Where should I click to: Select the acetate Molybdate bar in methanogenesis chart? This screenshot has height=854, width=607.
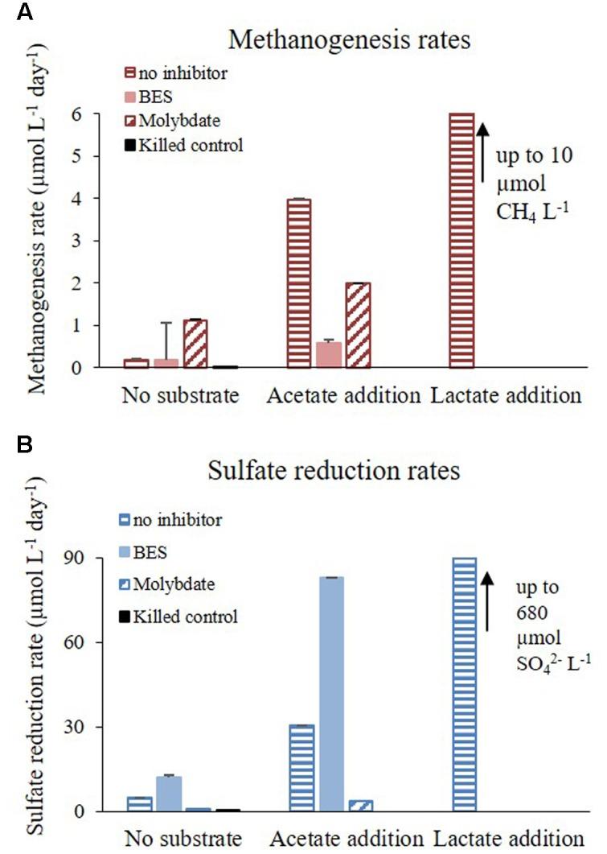(357, 325)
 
